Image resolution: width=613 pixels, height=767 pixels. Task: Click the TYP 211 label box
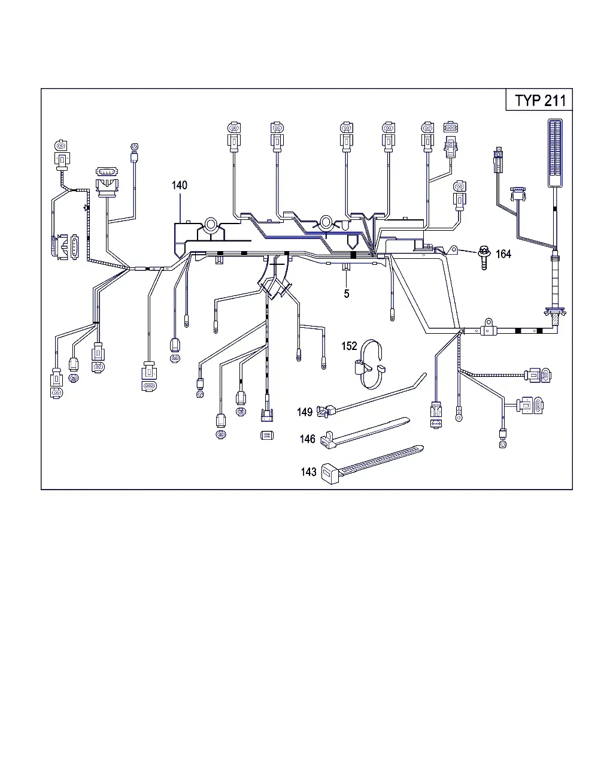click(x=539, y=100)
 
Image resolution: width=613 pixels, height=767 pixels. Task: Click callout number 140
click(x=179, y=185)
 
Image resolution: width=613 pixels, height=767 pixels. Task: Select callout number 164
click(x=503, y=254)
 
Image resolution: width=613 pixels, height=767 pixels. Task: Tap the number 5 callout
click(x=347, y=294)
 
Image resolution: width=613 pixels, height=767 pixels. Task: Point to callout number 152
click(x=349, y=346)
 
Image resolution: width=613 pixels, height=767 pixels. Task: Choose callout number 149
click(x=305, y=412)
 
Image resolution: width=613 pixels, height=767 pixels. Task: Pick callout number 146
click(x=307, y=439)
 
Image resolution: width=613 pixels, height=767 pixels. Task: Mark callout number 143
click(x=308, y=472)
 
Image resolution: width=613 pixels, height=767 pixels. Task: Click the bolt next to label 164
click(x=484, y=257)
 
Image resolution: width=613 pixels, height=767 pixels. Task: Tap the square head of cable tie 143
click(x=330, y=473)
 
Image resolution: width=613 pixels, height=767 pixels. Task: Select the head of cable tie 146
click(x=328, y=440)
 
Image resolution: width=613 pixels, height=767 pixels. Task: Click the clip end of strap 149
click(x=326, y=411)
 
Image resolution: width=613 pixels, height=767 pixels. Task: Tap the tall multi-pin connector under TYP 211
click(x=555, y=153)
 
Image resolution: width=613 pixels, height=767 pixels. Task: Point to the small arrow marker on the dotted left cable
click(x=86, y=207)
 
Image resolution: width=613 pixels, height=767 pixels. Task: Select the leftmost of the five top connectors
click(x=234, y=137)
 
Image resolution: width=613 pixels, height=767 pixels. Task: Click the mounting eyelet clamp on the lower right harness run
click(x=488, y=327)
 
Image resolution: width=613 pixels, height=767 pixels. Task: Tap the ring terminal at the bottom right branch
click(x=459, y=418)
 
